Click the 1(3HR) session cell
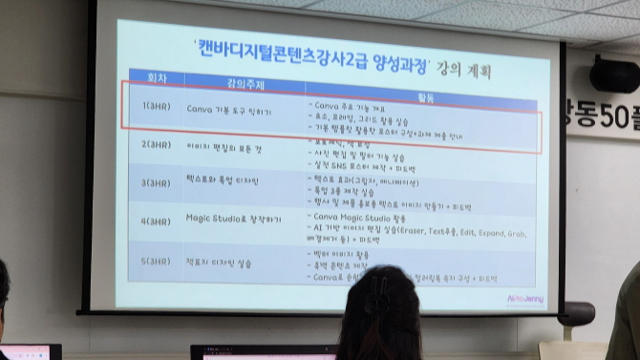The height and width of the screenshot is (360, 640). tap(156, 109)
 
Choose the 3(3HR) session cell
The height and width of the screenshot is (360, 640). tap(157, 182)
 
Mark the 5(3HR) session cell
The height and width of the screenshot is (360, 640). tap(157, 260)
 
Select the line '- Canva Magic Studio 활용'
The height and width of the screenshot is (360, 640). tap(371, 219)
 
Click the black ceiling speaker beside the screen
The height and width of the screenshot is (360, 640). tap(613, 74)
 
